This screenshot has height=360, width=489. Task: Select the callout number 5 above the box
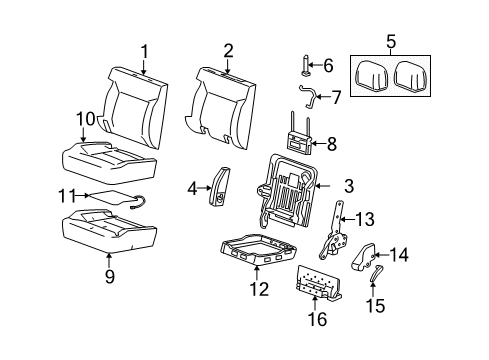[x=390, y=43]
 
